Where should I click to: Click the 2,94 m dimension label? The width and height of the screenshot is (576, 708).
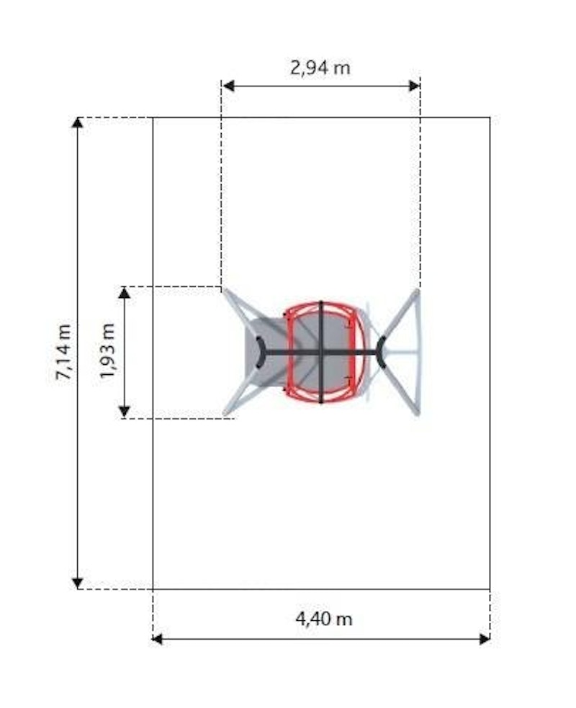pos(320,68)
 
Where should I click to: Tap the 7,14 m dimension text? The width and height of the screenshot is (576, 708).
pos(63,352)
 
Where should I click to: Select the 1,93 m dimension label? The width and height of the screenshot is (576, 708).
pos(108,351)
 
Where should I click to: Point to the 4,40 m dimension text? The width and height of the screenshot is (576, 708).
pos(324,619)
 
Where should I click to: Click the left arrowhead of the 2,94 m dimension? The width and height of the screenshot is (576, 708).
pos(228,86)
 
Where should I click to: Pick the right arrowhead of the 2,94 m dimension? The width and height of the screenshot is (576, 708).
pos(414,86)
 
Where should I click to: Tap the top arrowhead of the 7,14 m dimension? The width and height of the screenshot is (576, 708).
pos(78,122)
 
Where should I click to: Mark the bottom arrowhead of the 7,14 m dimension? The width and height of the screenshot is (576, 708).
pos(78,584)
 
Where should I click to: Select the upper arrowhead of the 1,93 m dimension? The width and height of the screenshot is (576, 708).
pos(125,293)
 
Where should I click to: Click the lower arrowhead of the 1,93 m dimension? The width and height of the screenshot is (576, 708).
pos(125,412)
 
